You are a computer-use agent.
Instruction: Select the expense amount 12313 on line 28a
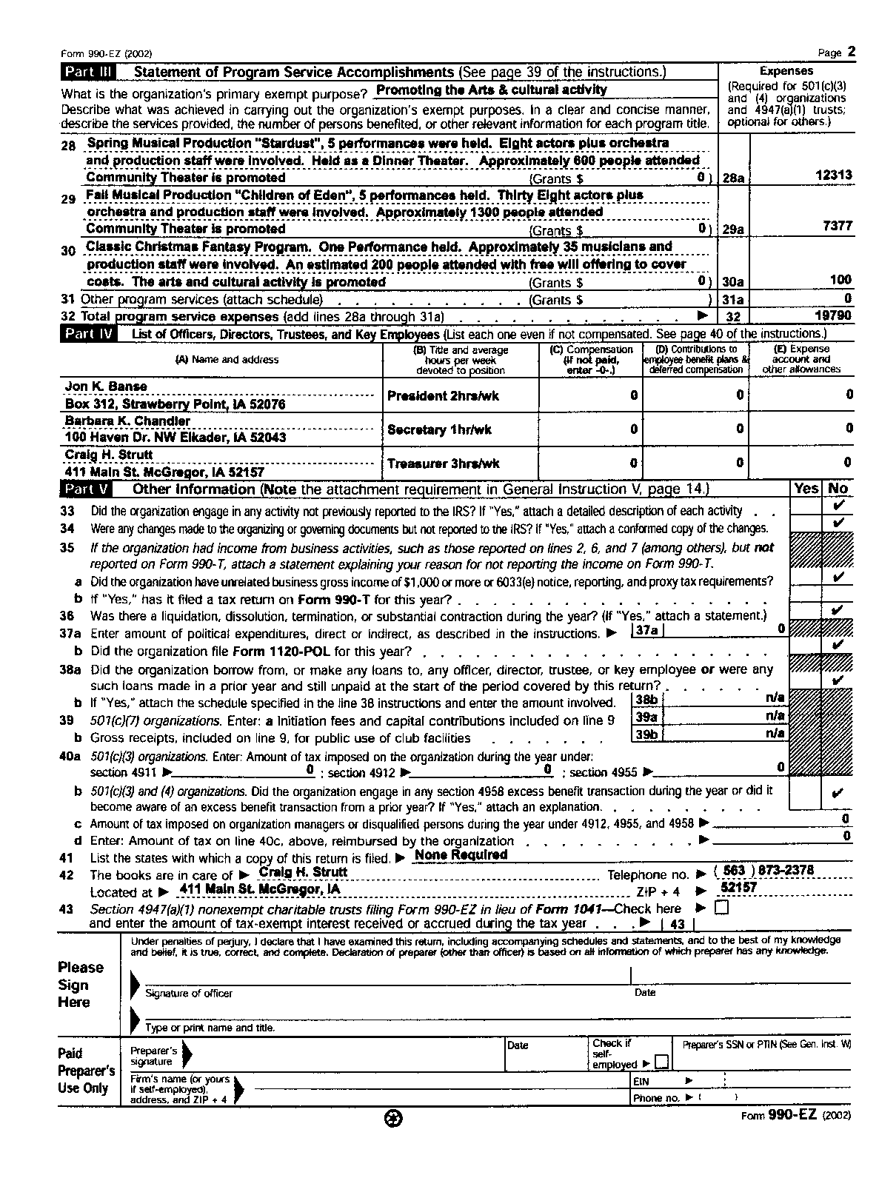coord(833,175)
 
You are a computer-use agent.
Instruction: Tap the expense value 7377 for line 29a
coord(837,226)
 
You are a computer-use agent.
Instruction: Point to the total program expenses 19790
coord(833,315)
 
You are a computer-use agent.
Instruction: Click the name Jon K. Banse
coord(106,386)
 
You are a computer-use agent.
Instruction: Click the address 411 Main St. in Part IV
coord(164,472)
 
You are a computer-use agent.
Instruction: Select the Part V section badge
coord(87,489)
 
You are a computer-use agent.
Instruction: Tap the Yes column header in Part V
coord(806,489)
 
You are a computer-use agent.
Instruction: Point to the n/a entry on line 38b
coord(775,697)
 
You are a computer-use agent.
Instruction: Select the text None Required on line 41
coord(461,854)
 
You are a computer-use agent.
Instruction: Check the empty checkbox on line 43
coord(721,908)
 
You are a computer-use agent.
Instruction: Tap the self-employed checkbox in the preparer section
coord(661,1062)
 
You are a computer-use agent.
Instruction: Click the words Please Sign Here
coord(81,985)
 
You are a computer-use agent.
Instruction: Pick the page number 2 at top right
coord(851,51)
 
